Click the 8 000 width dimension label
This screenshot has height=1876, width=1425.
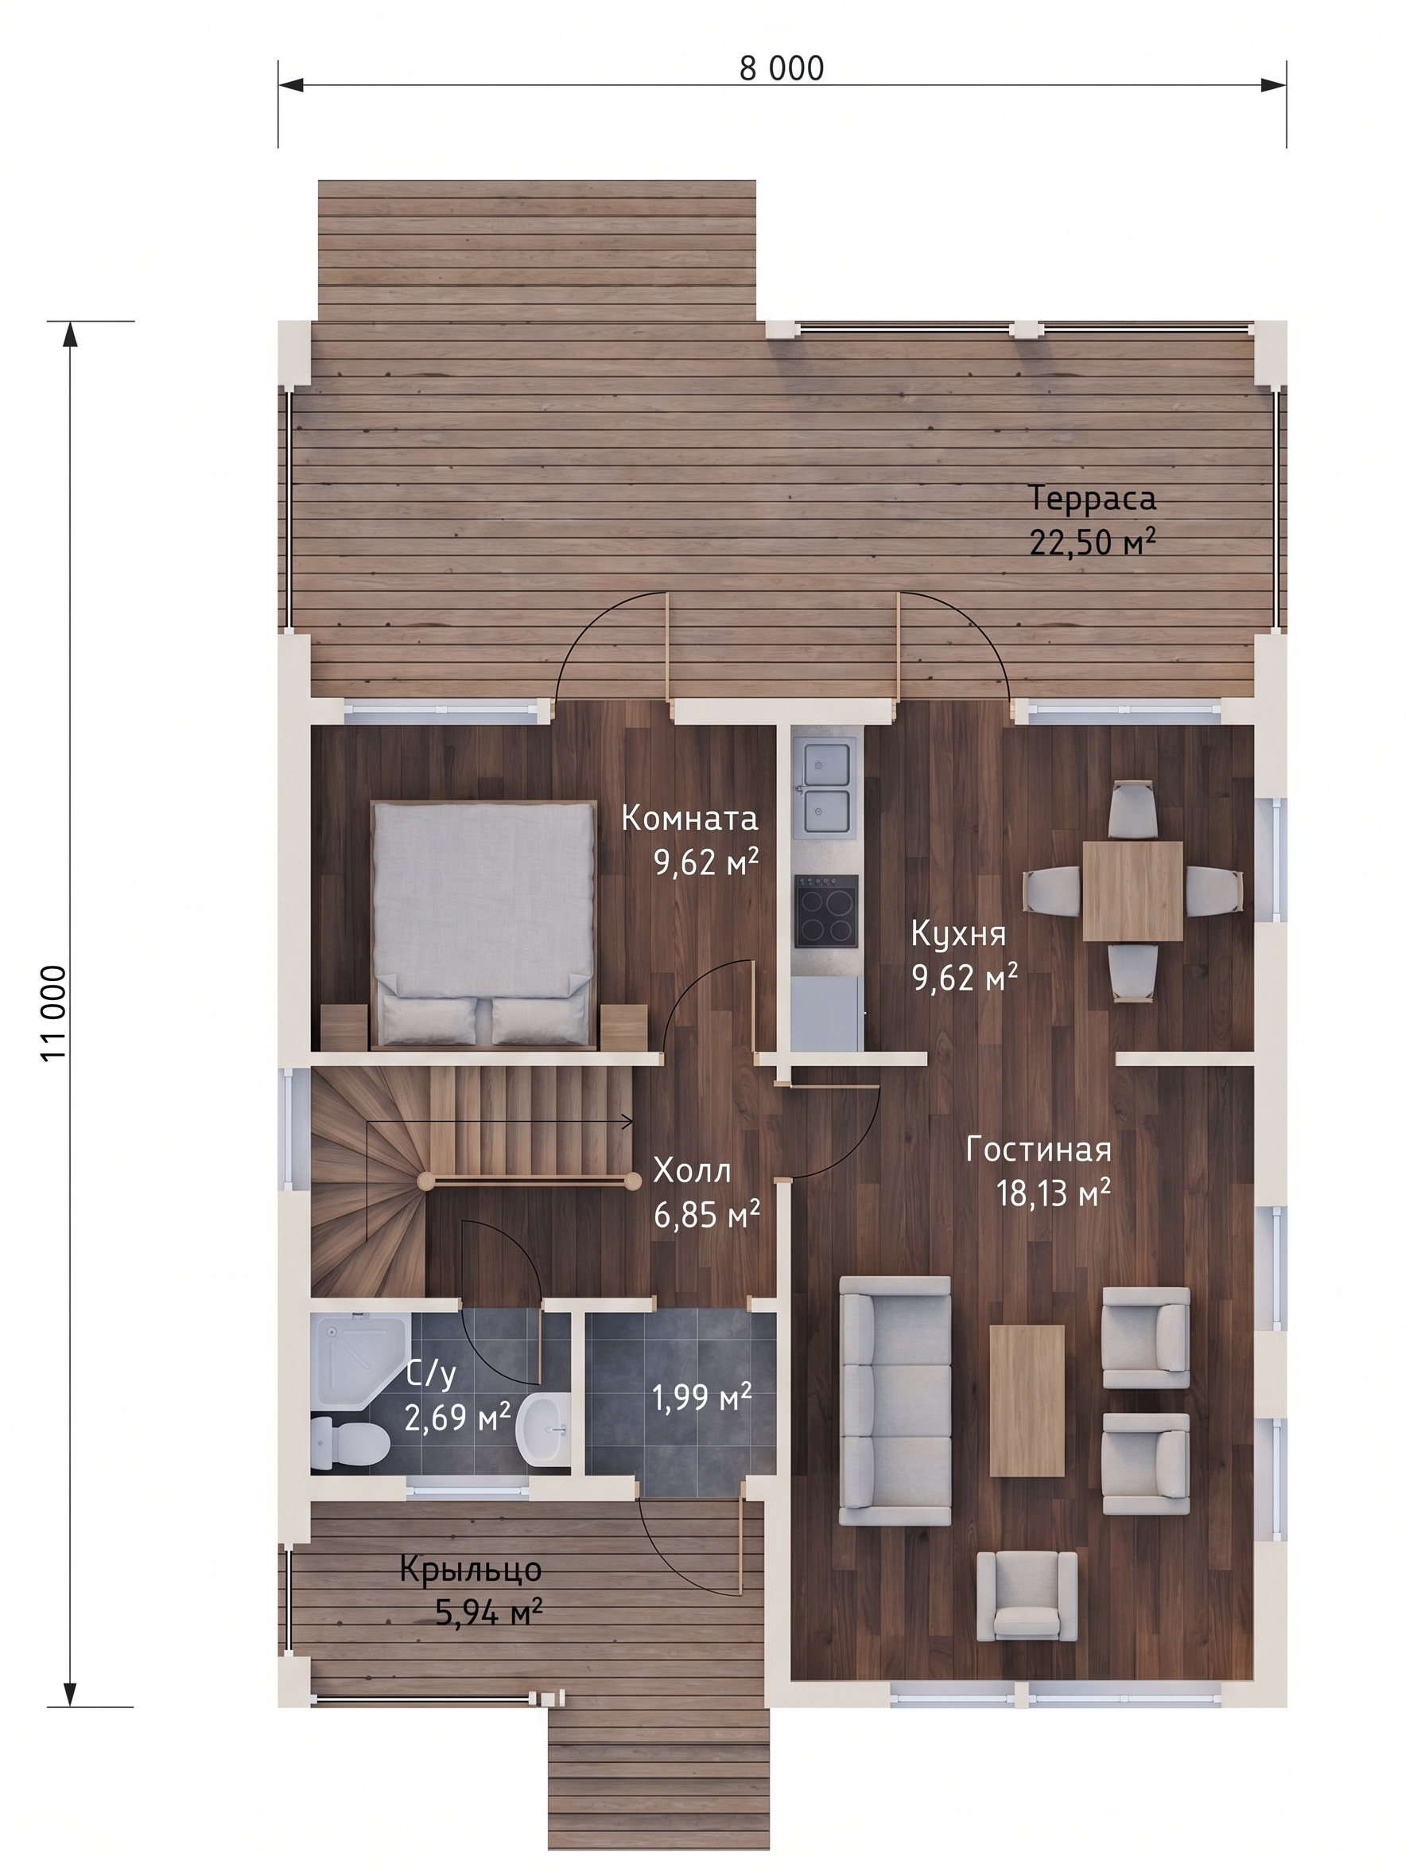click(x=781, y=68)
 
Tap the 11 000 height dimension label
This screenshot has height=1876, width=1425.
click(x=52, y=1013)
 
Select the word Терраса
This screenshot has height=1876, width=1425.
click(x=1093, y=498)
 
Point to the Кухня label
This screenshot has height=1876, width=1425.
click(x=958, y=933)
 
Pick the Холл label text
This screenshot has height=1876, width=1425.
click(x=692, y=1171)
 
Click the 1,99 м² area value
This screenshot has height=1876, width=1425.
click(x=701, y=1395)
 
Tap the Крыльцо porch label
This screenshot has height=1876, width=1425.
click(x=471, y=1570)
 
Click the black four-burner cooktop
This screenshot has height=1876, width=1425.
click(x=826, y=910)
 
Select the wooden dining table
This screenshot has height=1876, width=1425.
click(x=1132, y=891)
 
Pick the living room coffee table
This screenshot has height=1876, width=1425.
click(x=1027, y=1401)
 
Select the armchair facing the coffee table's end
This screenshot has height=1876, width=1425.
click(x=1027, y=1596)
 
